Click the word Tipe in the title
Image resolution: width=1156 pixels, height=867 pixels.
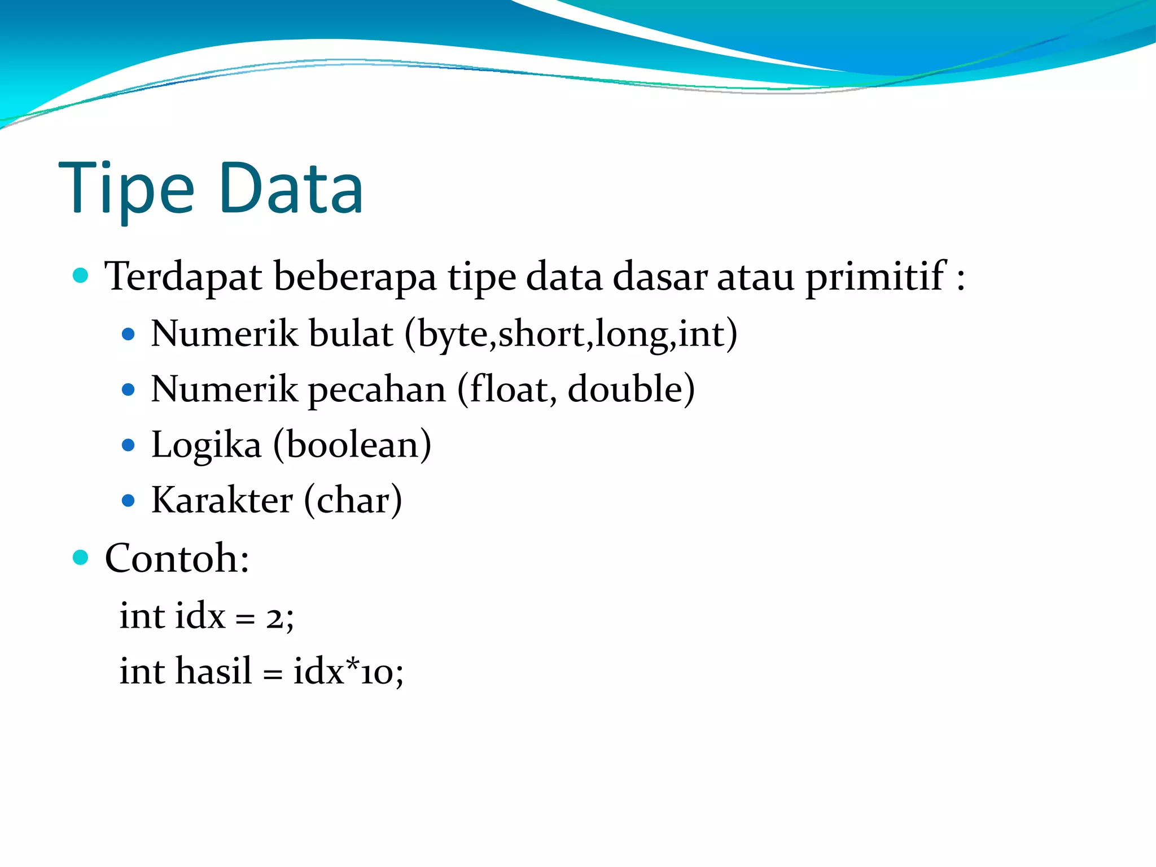[126, 189]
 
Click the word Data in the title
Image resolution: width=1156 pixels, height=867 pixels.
[291, 189]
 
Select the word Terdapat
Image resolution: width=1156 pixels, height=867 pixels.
[183, 277]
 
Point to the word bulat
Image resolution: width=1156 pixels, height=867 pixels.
[351, 334]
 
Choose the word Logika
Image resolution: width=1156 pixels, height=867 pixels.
[206, 445]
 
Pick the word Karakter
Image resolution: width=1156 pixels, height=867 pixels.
[222, 500]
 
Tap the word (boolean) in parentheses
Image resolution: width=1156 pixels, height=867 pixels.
[352, 445]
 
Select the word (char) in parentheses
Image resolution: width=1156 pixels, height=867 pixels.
[353, 500]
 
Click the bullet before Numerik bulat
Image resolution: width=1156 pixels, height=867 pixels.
[128, 334]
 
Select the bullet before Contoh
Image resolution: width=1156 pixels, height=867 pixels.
[81, 558]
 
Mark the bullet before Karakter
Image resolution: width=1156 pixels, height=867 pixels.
[128, 500]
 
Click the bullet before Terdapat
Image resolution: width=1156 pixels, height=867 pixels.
[81, 275]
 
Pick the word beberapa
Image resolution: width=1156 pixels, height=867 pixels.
[354, 277]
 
